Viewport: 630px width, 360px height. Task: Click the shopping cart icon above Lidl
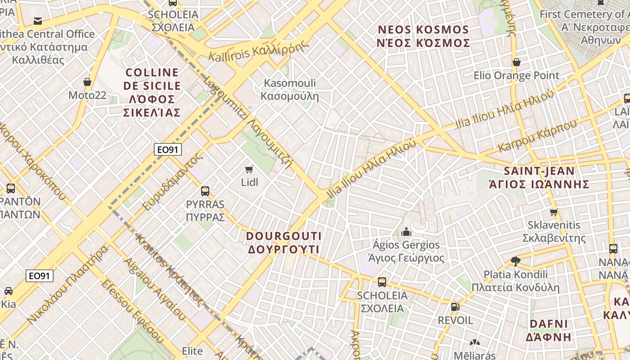point(249,170)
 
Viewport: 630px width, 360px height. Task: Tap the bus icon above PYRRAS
point(205,191)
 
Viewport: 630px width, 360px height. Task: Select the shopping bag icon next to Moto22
point(87,82)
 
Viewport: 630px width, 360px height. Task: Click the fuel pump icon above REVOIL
point(455,307)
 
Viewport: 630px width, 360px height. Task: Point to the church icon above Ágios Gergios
point(406,232)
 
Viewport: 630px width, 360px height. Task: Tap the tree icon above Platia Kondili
point(516,261)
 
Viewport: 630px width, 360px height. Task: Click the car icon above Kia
point(8,291)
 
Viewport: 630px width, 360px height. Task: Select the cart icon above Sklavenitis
point(554,212)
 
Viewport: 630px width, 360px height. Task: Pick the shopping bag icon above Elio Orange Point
point(517,62)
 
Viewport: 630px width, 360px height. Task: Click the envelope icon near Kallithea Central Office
point(38,21)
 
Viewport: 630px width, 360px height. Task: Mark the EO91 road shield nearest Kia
point(40,276)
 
